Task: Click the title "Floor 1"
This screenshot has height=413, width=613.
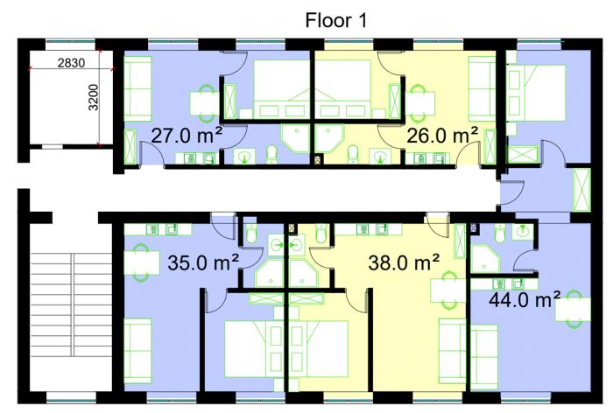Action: [x=335, y=20]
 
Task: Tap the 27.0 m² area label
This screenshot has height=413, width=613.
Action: [x=187, y=136]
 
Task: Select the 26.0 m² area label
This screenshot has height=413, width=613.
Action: [x=442, y=136]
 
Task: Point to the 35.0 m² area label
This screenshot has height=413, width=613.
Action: [x=203, y=262]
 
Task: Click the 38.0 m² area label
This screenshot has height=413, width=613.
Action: [x=404, y=262]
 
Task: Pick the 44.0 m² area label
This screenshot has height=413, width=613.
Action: [x=525, y=300]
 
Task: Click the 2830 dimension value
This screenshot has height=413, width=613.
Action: [x=71, y=62]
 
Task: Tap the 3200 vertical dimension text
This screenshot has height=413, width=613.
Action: [x=94, y=97]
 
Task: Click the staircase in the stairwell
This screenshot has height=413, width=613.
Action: [x=72, y=304]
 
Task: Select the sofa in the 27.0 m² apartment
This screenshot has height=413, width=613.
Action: [x=137, y=88]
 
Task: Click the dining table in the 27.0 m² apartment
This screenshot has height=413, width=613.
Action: [x=204, y=103]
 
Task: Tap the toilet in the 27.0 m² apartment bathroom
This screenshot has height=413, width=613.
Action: [x=271, y=154]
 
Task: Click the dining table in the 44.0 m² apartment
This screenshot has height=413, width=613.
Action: [x=574, y=309]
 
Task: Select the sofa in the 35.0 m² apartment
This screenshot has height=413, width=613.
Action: [x=137, y=351]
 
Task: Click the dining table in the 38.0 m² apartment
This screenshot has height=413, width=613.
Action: [x=448, y=290]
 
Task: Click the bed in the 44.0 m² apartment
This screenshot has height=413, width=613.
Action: [x=536, y=93]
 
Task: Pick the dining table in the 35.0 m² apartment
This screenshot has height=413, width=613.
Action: [x=142, y=262]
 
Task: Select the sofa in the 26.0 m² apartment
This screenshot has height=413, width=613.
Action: [x=483, y=88]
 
